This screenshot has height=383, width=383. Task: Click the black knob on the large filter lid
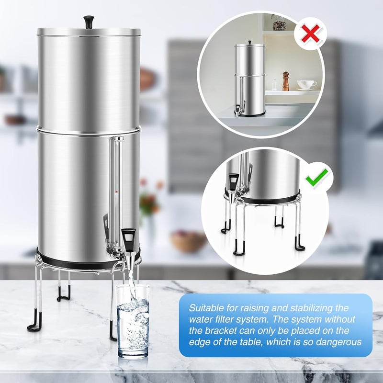[x=89, y=21]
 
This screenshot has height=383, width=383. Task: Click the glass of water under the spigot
[x=133, y=321]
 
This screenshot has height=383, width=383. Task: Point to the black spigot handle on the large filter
[x=128, y=237]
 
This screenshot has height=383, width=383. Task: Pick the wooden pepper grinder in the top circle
[x=286, y=81]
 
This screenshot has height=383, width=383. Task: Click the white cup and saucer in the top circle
[x=306, y=85]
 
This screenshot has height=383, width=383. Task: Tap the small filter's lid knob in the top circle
[x=249, y=43]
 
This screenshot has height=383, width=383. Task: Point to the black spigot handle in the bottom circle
[x=234, y=180]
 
